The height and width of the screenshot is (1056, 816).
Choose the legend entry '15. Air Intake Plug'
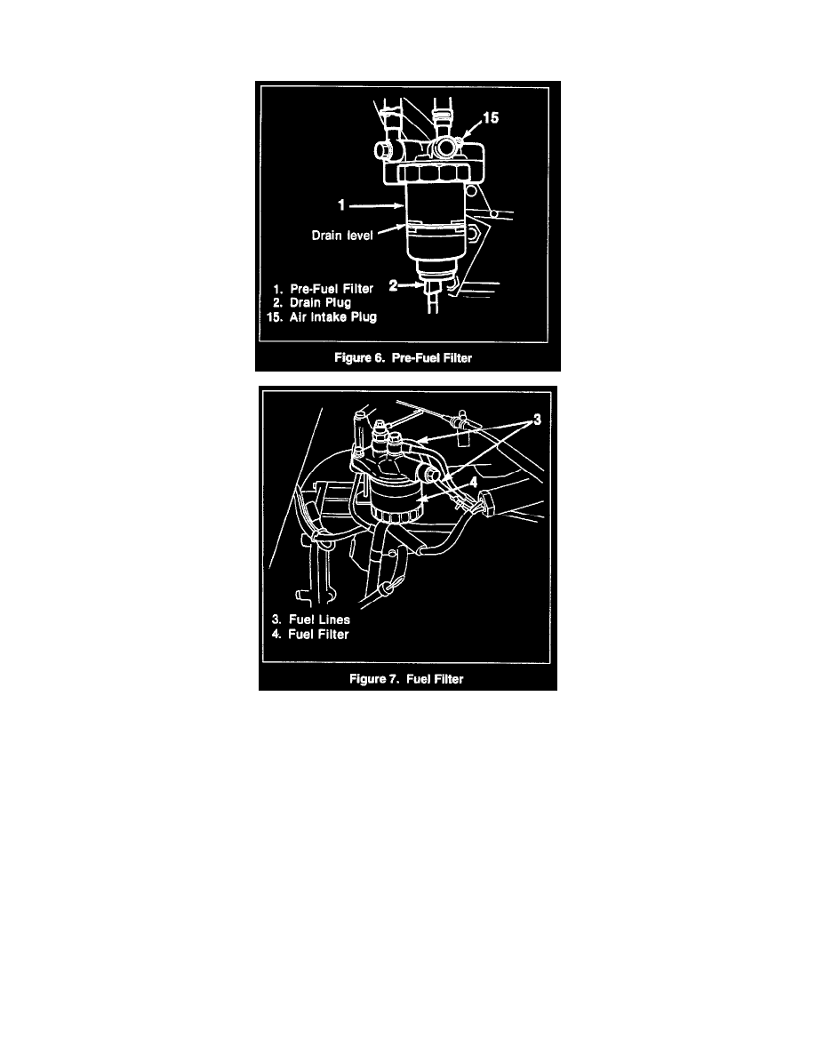point(324,317)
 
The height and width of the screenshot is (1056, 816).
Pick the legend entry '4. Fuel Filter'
point(310,635)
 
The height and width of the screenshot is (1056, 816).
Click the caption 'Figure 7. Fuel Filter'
point(408,678)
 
